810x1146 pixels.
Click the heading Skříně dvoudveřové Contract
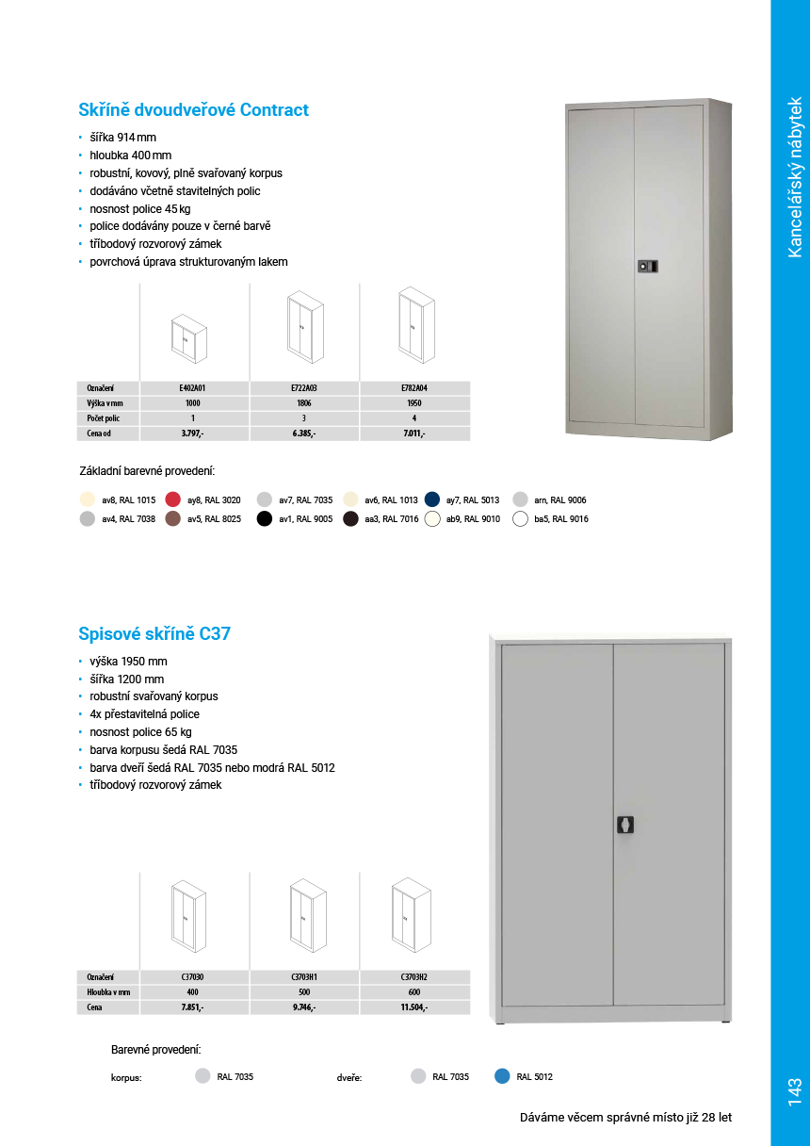pos(193,110)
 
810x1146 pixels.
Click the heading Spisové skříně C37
pos(154,634)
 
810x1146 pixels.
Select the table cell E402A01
pos(192,387)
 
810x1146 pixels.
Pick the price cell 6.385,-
pos(303,434)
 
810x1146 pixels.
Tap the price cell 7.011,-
pos(413,434)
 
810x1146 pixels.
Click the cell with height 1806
pos(303,402)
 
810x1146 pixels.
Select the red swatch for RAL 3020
pos(173,499)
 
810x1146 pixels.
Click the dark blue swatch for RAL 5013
pos(432,499)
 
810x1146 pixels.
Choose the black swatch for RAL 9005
pos(265,518)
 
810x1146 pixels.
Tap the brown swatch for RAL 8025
pos(173,518)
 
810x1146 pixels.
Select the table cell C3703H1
pos(304,977)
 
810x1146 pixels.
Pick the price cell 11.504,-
pos(414,1007)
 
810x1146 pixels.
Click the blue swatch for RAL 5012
pos(502,1076)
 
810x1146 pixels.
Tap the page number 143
pos(793,1091)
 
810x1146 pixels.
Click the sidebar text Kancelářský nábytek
pos(794,176)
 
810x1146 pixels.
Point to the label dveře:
pos(349,1077)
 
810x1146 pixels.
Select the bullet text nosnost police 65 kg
pos(140,732)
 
